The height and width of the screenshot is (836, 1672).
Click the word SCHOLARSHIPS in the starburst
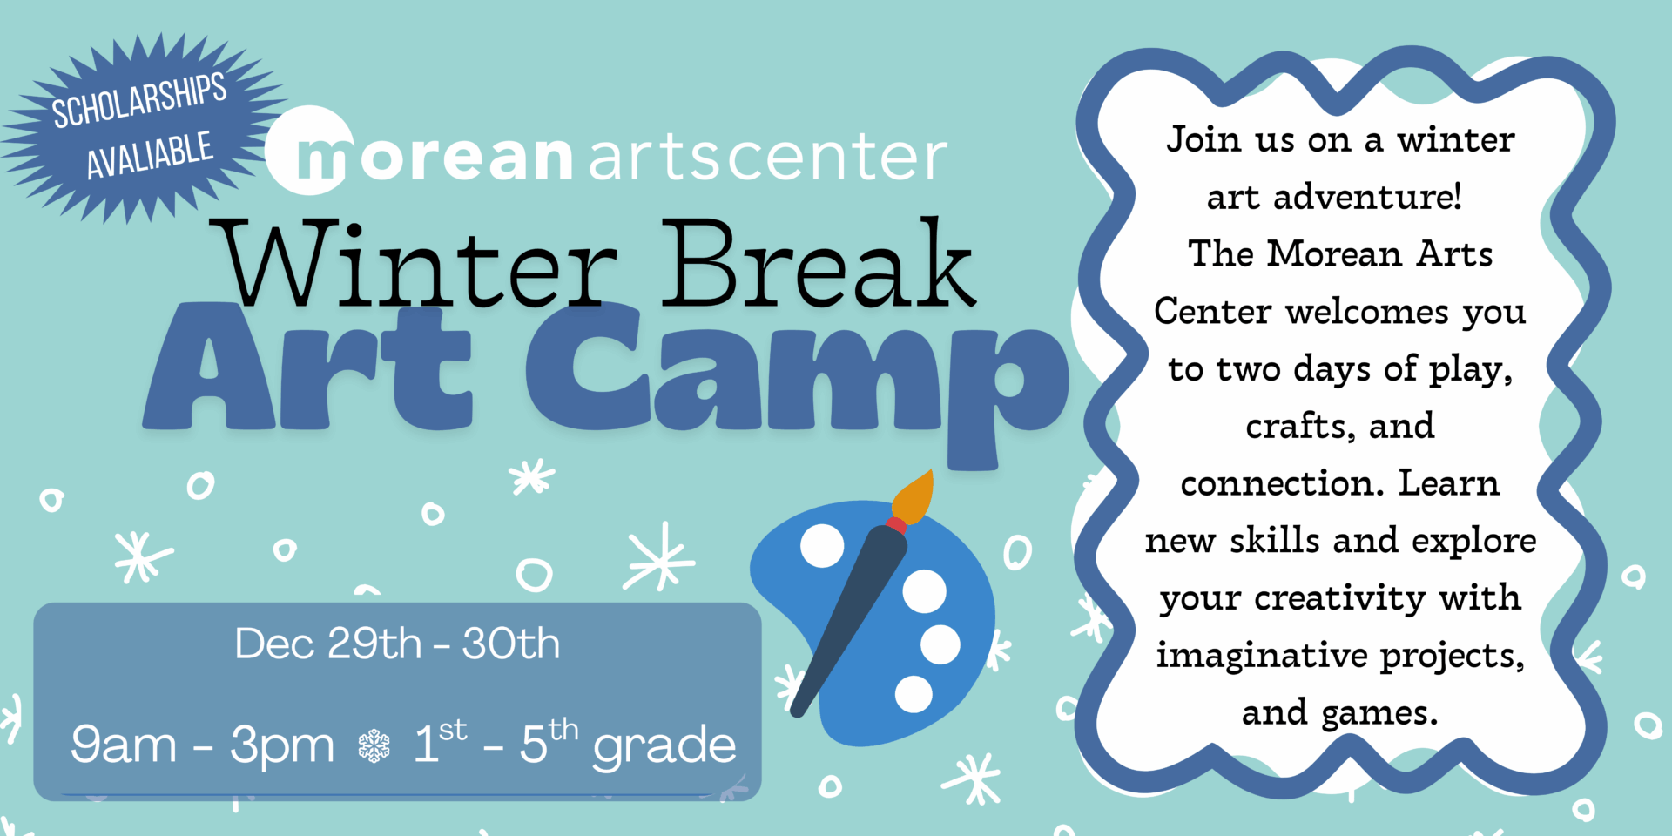pyautogui.click(x=139, y=100)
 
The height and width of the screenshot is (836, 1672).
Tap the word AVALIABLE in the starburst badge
pyautogui.click(x=150, y=155)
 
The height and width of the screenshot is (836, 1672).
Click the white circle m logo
pyautogui.click(x=310, y=150)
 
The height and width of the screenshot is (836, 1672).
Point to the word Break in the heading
pyautogui.click(x=818, y=262)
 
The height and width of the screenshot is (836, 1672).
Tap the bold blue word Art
pyautogui.click(x=308, y=366)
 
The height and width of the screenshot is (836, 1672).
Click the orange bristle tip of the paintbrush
pyautogui.click(x=914, y=497)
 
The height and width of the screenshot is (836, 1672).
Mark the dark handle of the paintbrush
pyautogui.click(x=850, y=619)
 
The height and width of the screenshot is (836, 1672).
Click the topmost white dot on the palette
pyautogui.click(x=822, y=545)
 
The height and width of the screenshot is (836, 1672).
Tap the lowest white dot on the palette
pyautogui.click(x=914, y=694)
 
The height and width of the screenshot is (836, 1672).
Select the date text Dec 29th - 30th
pyautogui.click(x=397, y=644)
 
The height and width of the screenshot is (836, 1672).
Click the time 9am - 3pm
pyautogui.click(x=203, y=745)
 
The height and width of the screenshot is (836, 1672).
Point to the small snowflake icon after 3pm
pyautogui.click(x=374, y=746)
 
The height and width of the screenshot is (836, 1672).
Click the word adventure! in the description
pyautogui.click(x=1367, y=197)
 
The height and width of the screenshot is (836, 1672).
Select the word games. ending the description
pyautogui.click(x=1379, y=714)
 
